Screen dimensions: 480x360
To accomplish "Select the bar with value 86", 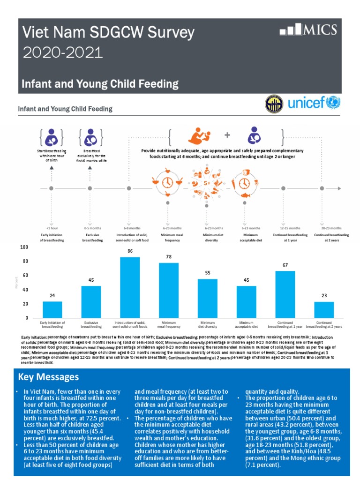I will (x=130, y=287).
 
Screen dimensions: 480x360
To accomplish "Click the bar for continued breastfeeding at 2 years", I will (x=324, y=310).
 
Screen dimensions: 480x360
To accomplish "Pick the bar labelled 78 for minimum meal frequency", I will (x=169, y=290).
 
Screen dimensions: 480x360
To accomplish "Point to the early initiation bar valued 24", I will (x=52, y=309).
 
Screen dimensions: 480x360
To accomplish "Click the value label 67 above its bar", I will (x=285, y=265).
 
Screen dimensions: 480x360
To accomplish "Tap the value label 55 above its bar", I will (x=207, y=273).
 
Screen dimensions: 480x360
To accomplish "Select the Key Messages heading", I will (x=48, y=377).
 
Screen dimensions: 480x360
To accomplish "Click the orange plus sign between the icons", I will (x=228, y=135).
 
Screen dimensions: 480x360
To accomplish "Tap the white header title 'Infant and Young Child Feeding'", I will (x=101, y=84).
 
